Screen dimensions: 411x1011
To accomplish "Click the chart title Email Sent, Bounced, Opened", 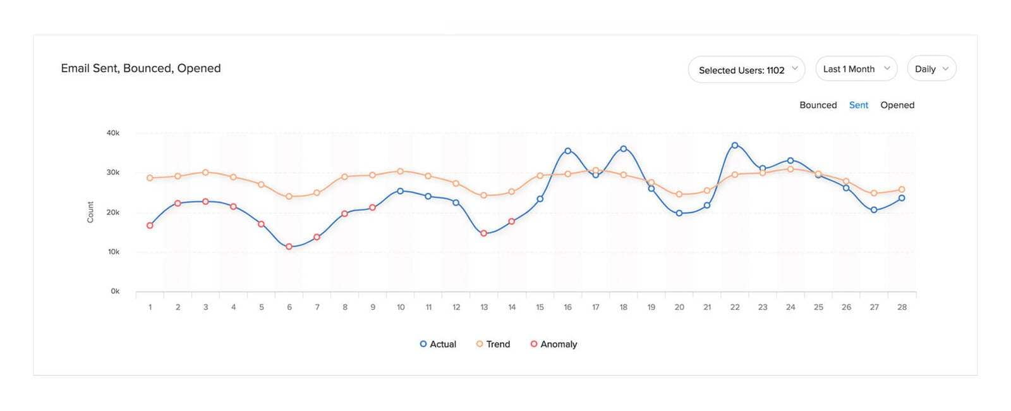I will pyautogui.click(x=140, y=68).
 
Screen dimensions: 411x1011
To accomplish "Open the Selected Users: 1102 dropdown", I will pyautogui.click(x=746, y=70).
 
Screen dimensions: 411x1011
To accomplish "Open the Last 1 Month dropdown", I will pyautogui.click(x=856, y=69).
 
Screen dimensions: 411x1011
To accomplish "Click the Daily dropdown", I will pyautogui.click(x=931, y=69).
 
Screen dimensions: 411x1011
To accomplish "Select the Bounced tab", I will pyautogui.click(x=818, y=105).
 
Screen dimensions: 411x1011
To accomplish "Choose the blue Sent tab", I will pyautogui.click(x=858, y=105).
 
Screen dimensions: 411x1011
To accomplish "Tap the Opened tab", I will pyautogui.click(x=897, y=105).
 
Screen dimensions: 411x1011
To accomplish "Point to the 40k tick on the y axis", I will pyautogui.click(x=113, y=133).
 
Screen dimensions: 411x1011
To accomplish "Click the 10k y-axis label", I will pyautogui.click(x=114, y=252).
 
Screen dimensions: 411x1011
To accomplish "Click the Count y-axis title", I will pyautogui.click(x=90, y=212).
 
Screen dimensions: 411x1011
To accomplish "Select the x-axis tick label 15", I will pyautogui.click(x=540, y=307).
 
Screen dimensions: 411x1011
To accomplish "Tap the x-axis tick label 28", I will pyautogui.click(x=902, y=307).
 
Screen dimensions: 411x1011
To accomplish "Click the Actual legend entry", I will pyautogui.click(x=438, y=344).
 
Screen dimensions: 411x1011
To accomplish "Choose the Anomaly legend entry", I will pyautogui.click(x=554, y=344).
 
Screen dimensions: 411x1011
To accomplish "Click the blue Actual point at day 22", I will pyautogui.click(x=735, y=145).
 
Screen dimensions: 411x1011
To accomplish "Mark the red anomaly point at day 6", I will pyautogui.click(x=289, y=247).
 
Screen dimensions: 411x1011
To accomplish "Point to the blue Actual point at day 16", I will pyautogui.click(x=568, y=151).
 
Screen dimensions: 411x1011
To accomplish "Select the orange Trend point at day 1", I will pyautogui.click(x=150, y=178).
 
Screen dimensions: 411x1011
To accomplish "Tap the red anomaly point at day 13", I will pyautogui.click(x=484, y=233).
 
